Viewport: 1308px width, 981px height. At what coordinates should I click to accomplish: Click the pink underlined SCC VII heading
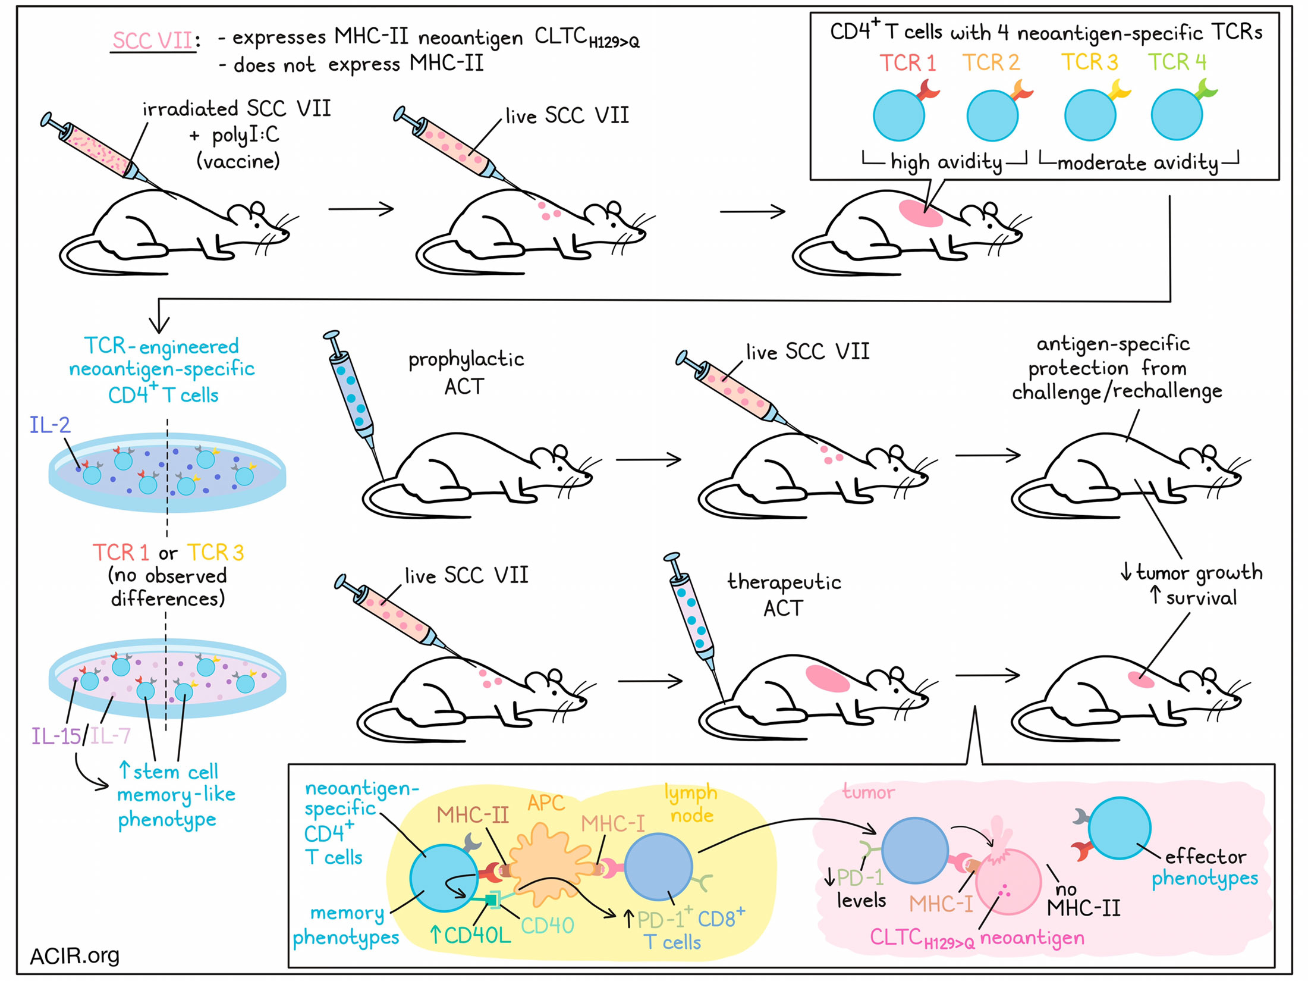point(153,40)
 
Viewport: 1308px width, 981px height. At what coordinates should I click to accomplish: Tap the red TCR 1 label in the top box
point(907,62)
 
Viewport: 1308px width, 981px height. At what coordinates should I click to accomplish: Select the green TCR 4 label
point(1177,62)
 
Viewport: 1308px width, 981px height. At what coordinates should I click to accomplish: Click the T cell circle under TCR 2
point(992,115)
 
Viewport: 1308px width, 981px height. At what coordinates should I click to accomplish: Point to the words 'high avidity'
point(945,162)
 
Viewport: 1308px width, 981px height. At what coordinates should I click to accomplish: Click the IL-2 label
point(50,425)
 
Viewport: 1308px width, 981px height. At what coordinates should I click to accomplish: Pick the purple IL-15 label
point(56,736)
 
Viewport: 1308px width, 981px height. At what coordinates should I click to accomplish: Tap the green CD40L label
point(470,935)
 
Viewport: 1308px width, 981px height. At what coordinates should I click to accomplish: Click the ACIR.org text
point(75,955)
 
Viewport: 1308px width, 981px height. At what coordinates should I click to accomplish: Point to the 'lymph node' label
point(691,803)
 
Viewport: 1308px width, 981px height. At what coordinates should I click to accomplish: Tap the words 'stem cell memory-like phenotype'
point(176,795)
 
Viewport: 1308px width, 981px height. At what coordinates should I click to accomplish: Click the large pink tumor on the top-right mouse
point(920,213)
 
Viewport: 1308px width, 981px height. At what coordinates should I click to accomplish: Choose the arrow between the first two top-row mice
point(361,209)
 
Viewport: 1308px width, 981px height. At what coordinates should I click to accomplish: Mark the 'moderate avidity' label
point(1138,162)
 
